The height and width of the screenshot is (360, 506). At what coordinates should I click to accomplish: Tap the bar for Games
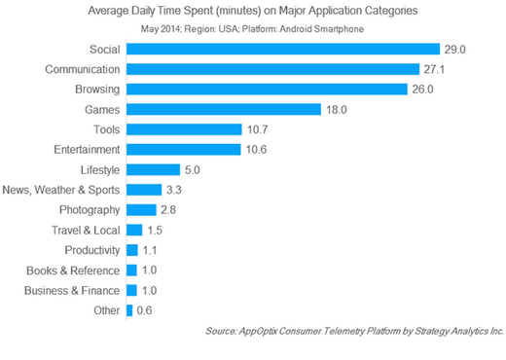pyautogui.click(x=224, y=109)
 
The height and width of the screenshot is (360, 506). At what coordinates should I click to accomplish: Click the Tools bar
pyautogui.click(x=184, y=128)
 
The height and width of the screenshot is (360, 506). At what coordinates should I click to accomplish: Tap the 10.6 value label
pyautogui.click(x=257, y=149)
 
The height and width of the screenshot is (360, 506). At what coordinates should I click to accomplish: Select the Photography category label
pyautogui.click(x=87, y=210)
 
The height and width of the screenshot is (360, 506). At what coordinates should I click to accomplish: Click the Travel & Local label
pyautogui.click(x=85, y=230)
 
